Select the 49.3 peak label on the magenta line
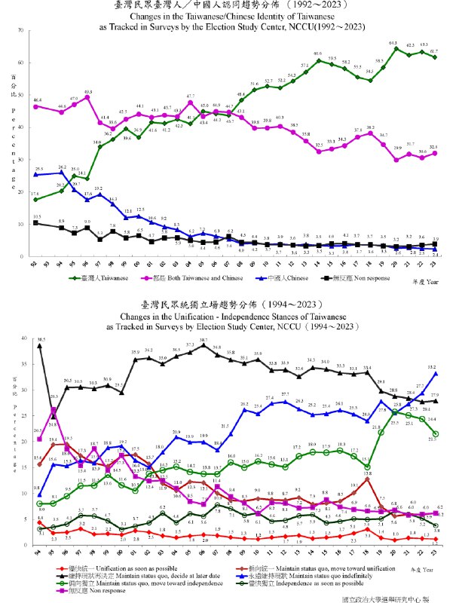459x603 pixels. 87,91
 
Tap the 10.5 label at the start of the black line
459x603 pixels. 37,216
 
